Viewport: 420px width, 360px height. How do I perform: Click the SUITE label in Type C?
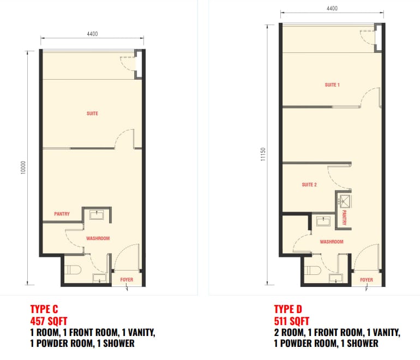[x=92, y=113]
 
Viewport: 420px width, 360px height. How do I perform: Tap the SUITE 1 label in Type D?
[x=332, y=85]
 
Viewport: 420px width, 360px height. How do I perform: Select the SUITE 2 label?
[x=309, y=184]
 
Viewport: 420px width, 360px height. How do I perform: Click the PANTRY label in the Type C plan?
[x=62, y=214]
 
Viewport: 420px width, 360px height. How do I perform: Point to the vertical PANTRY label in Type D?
[x=345, y=218]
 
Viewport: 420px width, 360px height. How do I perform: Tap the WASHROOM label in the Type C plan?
[x=98, y=238]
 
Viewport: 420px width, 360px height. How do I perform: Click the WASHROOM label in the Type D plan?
[x=332, y=242]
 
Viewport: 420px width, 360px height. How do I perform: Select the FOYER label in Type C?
[x=127, y=280]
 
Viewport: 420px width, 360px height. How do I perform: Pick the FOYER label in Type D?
[x=367, y=280]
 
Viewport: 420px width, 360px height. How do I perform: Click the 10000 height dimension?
[x=23, y=167]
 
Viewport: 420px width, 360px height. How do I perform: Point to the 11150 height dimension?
[x=263, y=154]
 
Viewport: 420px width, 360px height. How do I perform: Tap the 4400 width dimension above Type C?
[x=92, y=34]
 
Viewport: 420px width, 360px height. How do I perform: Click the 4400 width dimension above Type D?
[x=332, y=9]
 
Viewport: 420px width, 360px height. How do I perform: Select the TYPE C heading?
[x=44, y=309]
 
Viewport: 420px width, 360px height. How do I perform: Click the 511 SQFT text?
[x=292, y=321]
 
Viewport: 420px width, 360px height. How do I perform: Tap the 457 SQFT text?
[x=49, y=321]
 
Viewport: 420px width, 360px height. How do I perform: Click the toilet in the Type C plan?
[x=73, y=270]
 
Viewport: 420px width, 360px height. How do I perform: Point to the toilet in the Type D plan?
[x=313, y=271]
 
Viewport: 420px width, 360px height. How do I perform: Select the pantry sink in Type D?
[x=345, y=201]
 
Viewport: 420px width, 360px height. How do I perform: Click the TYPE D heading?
[x=288, y=309]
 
